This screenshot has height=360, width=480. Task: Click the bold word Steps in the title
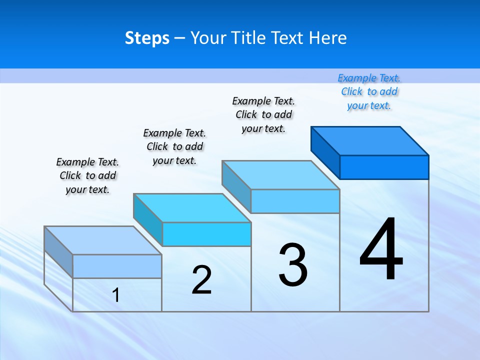click(147, 38)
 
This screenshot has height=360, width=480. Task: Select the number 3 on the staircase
click(293, 265)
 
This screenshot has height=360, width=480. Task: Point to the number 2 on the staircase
click(201, 280)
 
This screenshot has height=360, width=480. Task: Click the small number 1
click(116, 295)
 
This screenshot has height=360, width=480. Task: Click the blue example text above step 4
click(369, 91)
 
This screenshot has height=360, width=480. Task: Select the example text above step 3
click(263, 114)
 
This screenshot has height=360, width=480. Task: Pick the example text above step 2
click(174, 146)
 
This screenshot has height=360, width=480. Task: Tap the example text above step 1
click(87, 175)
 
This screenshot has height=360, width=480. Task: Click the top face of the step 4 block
click(370, 140)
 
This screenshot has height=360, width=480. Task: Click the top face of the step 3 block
click(281, 175)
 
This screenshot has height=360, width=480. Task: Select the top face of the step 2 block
click(192, 208)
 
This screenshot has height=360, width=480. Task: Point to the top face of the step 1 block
click(103, 240)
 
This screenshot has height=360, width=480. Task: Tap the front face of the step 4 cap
click(384, 167)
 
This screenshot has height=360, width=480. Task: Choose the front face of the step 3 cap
click(295, 201)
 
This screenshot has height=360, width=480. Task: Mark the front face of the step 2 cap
click(206, 234)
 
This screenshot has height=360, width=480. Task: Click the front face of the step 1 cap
click(117, 266)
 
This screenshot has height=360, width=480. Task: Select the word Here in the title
click(328, 38)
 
